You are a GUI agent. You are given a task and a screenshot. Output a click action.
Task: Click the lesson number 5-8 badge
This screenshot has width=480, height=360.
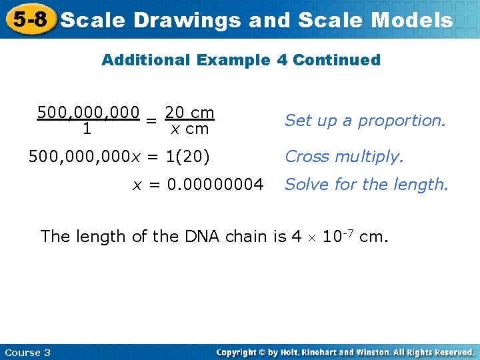coord(29,19)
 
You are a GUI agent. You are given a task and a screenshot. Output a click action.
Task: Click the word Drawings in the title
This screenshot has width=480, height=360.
coord(187,21)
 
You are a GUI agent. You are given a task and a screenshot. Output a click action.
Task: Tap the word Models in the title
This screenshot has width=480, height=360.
coord(412,21)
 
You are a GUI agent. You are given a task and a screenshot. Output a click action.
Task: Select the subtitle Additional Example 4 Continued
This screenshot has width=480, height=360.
coord(241,60)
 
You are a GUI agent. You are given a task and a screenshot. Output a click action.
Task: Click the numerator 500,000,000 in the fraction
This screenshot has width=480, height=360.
coord(88,112)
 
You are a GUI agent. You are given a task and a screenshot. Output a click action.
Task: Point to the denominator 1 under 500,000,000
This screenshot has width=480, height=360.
coord(87,129)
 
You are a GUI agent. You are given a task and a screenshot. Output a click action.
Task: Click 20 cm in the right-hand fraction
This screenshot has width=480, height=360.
coord(189,112)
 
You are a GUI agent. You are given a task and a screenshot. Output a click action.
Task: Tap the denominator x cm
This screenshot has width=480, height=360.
coord(189,129)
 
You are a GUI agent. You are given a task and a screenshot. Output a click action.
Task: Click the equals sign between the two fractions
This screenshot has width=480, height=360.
coord(152,121)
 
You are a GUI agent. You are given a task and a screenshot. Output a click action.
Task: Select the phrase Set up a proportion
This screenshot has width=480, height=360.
coord(365,121)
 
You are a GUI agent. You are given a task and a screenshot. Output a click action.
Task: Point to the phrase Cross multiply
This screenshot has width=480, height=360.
coord(344,157)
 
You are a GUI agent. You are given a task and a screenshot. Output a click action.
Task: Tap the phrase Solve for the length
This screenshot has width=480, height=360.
coord(367,184)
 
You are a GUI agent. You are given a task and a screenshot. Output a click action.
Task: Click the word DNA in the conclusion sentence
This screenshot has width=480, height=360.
coord(199,236)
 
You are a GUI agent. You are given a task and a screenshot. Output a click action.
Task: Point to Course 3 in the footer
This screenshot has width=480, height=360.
coord(27,352)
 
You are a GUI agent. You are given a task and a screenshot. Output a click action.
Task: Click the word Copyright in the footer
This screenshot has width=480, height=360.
coord(238,352)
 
